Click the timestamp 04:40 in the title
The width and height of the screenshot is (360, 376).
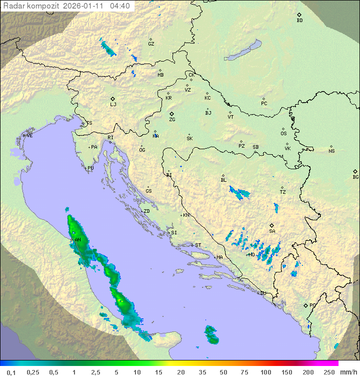[119, 6]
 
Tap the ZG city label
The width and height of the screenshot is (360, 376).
[172, 120]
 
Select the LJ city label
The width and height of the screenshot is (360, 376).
[113, 105]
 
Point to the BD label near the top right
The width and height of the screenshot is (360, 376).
[299, 21]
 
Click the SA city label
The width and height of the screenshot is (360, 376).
[272, 231]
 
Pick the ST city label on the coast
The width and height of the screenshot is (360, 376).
[198, 245]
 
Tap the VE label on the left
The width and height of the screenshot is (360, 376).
[29, 136]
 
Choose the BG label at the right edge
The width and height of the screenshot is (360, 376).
[355, 177]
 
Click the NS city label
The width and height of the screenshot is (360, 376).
[331, 151]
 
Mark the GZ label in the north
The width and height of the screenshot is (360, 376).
[151, 44]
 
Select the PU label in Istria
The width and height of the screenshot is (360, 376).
[90, 168]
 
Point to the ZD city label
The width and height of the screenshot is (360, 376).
[146, 211]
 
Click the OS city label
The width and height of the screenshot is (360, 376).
[283, 134]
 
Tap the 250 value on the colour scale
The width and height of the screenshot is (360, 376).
[329, 372]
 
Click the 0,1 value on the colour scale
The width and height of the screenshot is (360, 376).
[11, 372]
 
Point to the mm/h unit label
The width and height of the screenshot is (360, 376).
[348, 372]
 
